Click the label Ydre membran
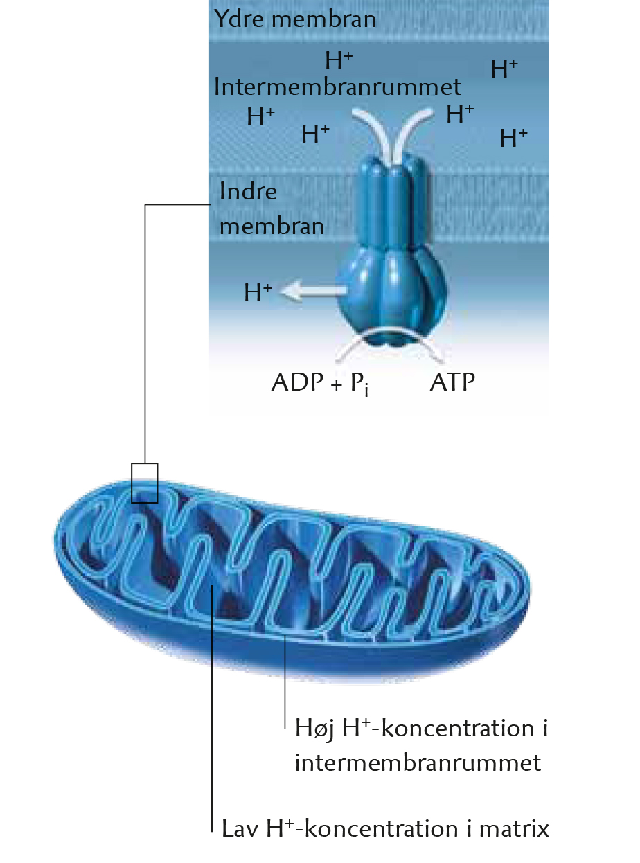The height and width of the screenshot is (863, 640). pos(295,19)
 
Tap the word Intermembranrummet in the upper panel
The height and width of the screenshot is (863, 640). pos(337,87)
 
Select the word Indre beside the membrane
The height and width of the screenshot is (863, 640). pos(248,191)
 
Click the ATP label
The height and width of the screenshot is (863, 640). pos(452,382)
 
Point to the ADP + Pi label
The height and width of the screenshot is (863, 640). pos(320,383)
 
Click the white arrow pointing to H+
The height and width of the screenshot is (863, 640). pos(313,290)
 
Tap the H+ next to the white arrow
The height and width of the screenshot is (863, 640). pos(258,292)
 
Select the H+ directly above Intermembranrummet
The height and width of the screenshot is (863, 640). pos(339,61)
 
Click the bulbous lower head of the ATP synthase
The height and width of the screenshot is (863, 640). pos(392,296)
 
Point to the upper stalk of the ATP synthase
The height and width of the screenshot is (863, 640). pos(392,202)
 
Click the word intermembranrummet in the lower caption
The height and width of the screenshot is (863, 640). pos(418,763)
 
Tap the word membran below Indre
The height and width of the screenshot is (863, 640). pos(272,226)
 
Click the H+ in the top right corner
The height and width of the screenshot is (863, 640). pos(504,69)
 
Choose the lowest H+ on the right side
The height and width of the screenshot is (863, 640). pos(513,138)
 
